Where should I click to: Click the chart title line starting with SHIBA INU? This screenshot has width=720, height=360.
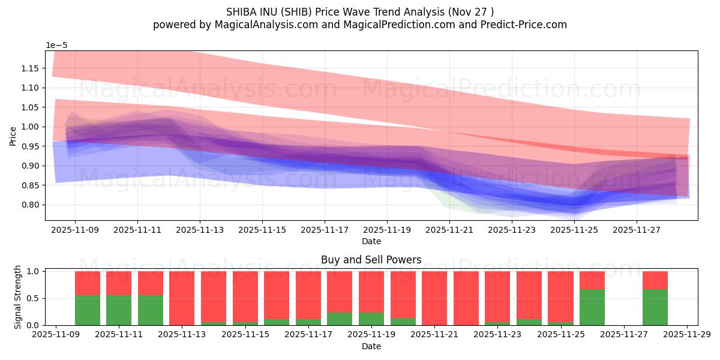click(x=360, y=11)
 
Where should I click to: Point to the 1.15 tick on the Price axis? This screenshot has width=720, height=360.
click(x=29, y=68)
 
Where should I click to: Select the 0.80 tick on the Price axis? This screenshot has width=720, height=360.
click(x=29, y=205)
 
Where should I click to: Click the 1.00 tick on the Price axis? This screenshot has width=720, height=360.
click(x=29, y=127)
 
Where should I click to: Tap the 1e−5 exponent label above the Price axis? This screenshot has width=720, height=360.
click(x=58, y=46)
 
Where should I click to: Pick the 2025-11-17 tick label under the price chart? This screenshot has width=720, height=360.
click(x=325, y=229)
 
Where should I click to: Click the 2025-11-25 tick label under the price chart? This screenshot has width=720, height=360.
click(x=574, y=229)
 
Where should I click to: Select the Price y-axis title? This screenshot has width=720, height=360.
click(x=13, y=136)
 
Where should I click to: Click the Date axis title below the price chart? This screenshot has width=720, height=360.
click(x=371, y=241)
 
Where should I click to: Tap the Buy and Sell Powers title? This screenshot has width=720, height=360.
click(x=371, y=260)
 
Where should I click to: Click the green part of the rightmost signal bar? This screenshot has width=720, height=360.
click(x=655, y=307)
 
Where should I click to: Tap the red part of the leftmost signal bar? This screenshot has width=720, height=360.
click(x=88, y=283)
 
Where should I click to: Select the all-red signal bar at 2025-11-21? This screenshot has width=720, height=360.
click(x=434, y=298)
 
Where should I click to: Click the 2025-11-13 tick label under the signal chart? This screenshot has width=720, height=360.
click(x=182, y=335)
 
